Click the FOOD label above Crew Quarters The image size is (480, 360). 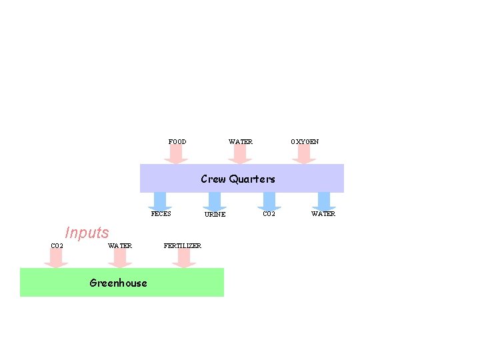pos(177,142)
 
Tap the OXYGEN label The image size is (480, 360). pos(305,142)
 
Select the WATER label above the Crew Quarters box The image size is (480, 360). pos(241,142)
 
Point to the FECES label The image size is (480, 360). pos(161,214)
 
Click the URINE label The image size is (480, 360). pos(215,215)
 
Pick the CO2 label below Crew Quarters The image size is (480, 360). pos(269,214)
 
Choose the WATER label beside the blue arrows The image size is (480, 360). pos(323,214)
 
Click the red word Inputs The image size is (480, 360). pos(87,233)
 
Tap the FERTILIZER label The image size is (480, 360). pos(183,246)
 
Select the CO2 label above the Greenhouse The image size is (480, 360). pos(57,246)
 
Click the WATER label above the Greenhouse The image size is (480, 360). pos(120,246)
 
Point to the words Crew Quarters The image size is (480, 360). pos(238,179)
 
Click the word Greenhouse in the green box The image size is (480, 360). pos(118,283)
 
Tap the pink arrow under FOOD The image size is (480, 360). pos(176,155)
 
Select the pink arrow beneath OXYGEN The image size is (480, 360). pos(304,155)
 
